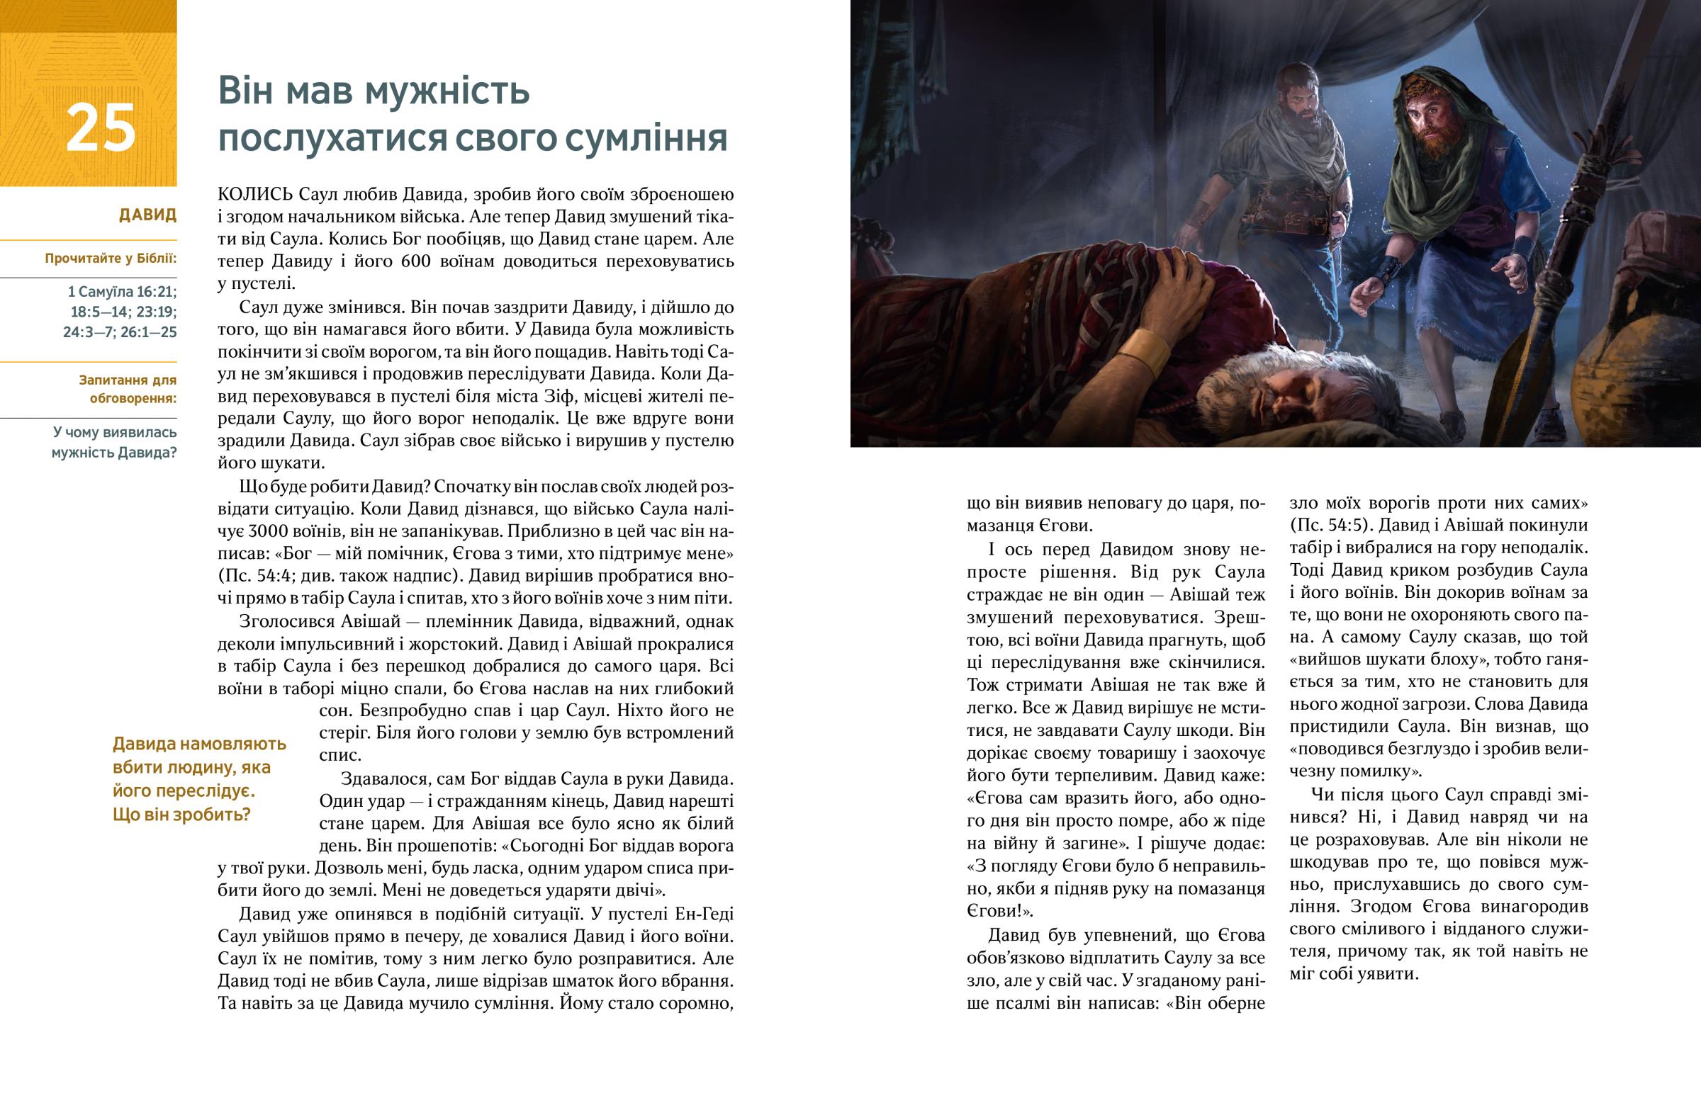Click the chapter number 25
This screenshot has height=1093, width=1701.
pyautogui.click(x=100, y=128)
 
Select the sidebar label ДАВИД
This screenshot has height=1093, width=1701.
pyautogui.click(x=147, y=215)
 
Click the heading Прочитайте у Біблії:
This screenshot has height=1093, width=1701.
pyautogui.click(x=111, y=259)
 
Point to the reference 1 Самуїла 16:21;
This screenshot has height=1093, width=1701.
pyautogui.click(x=122, y=292)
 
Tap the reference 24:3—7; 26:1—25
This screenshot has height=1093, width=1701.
pyautogui.click(x=120, y=332)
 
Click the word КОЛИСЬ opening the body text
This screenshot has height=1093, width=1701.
pyautogui.click(x=255, y=195)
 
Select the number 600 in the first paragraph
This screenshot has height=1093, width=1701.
pyautogui.click(x=416, y=261)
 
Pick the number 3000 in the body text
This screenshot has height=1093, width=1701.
pyautogui.click(x=268, y=531)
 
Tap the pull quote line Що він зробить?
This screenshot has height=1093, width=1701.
pyautogui.click(x=181, y=814)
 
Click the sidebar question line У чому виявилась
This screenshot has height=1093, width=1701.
pyautogui.click(x=114, y=432)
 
